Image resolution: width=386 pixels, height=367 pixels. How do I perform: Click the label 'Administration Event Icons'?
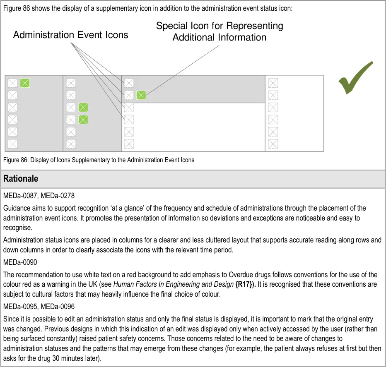70,35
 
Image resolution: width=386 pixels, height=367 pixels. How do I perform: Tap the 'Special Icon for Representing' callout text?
220,26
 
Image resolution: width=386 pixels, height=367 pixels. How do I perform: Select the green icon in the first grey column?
25,83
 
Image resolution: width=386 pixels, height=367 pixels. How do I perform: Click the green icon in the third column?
141,95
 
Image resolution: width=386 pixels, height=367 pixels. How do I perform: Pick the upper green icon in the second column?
83,108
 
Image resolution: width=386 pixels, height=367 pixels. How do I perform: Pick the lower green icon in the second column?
83,120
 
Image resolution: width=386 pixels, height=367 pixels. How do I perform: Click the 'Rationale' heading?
21,179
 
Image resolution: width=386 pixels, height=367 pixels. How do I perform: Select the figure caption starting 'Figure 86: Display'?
99,160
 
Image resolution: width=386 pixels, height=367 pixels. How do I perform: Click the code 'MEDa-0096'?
58,307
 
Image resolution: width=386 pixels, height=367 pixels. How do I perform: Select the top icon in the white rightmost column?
273,83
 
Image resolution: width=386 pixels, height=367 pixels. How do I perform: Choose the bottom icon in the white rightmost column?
273,144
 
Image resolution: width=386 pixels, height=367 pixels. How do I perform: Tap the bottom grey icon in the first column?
13,144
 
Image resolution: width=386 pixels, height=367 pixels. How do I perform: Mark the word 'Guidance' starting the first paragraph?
16,208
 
